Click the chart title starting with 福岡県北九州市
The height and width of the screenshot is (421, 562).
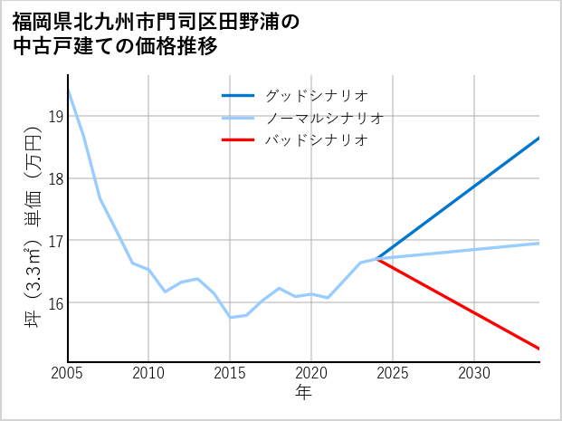click(154, 33)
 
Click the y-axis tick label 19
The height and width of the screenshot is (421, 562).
click(54, 116)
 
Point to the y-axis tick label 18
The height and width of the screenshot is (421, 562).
click(54, 178)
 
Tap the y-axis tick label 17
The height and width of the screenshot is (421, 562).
click(54, 241)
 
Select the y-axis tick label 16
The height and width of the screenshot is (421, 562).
click(54, 303)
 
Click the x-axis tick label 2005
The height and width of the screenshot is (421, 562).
click(68, 373)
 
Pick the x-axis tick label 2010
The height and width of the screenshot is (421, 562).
click(148, 373)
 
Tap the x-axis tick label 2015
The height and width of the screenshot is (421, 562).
click(230, 373)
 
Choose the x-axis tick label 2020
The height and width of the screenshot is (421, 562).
click(311, 373)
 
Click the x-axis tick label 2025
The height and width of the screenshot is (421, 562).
click(393, 373)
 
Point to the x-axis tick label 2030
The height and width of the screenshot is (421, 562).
click(474, 373)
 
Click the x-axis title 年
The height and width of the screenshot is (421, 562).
click(304, 393)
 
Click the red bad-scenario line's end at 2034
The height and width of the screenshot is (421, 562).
click(539, 349)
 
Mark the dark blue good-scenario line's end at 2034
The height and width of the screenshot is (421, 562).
click(539, 138)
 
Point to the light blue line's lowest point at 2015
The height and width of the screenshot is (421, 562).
click(230, 317)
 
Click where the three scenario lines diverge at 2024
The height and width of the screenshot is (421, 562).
click(376, 259)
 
